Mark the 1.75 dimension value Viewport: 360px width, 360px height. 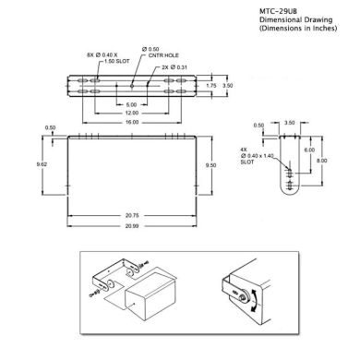tap(211, 85)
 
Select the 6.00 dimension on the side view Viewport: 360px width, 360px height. tap(310, 150)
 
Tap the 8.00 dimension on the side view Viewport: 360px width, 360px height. tap(322, 159)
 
